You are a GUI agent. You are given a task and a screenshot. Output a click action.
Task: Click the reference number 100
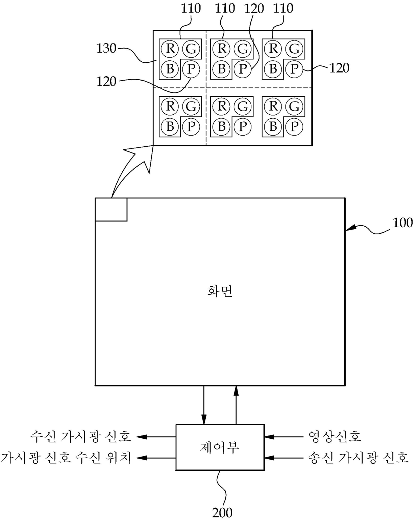[402, 223]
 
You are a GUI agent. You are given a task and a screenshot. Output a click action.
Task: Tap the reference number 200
[222, 513]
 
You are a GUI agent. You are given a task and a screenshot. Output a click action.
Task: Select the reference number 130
[106, 49]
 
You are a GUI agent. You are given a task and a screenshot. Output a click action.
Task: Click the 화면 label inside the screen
[220, 291]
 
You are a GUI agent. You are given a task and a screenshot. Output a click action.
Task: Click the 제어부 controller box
[220, 447]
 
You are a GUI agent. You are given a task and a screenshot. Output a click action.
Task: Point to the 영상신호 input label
[335, 437]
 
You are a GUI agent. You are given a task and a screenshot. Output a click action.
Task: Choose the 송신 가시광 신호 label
[358, 458]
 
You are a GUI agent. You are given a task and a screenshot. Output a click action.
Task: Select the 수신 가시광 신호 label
[80, 437]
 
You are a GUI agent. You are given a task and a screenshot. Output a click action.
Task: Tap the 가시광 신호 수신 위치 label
[66, 458]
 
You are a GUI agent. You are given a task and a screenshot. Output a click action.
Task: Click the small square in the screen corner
[111, 209]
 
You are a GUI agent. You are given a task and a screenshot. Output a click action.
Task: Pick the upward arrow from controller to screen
[236, 405]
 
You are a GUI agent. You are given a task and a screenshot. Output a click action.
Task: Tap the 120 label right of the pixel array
[339, 68]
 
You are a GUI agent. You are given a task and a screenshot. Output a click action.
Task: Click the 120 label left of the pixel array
[106, 81]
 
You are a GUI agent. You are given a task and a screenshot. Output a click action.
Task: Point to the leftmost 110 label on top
[191, 8]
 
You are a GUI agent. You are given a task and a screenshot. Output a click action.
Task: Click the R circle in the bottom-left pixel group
[170, 106]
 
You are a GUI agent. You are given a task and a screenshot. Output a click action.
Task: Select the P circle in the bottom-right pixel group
[294, 127]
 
